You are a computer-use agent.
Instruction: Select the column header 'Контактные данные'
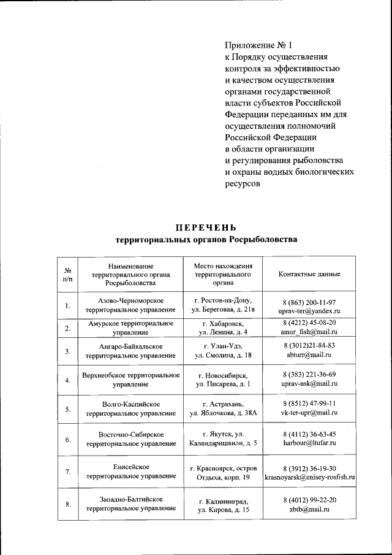309,274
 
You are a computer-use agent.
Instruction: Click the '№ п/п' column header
68,274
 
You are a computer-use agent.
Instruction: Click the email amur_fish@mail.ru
309,332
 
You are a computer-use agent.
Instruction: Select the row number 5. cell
68,408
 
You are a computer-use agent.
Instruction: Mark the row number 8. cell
68,505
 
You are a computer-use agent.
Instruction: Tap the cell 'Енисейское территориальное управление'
130,472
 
